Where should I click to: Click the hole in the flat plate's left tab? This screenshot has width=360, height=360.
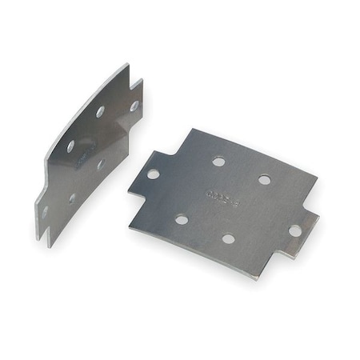[153, 173]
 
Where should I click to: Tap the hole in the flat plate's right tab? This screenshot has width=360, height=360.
[294, 230]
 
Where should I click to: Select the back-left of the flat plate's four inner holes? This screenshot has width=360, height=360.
[218, 162]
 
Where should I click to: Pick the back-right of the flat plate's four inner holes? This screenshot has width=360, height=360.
[264, 180]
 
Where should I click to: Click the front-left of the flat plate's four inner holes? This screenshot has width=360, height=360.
[182, 218]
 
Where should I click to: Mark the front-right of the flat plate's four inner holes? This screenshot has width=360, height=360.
[228, 238]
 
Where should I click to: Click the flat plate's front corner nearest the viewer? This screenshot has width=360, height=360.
[254, 278]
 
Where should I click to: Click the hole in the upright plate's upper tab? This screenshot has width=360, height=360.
[134, 106]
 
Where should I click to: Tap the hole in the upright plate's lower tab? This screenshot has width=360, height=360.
[46, 211]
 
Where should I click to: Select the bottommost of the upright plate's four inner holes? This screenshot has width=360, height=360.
[72, 197]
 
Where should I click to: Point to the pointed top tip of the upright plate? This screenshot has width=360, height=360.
[127, 66]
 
